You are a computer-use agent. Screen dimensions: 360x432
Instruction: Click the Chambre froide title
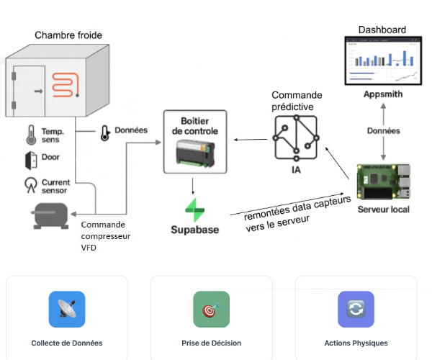(x=68, y=35)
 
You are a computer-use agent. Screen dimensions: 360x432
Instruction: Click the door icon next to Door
(x=31, y=158)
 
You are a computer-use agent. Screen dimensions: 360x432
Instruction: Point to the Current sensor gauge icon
(x=31, y=184)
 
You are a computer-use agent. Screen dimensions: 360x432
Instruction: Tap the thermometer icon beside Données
(x=105, y=132)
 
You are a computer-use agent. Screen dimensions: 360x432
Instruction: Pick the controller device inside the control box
(x=195, y=153)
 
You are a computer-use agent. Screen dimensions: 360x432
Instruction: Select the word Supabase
(x=194, y=230)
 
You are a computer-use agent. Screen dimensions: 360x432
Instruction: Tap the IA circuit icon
(x=296, y=138)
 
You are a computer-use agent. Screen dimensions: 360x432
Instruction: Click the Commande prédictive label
(x=297, y=101)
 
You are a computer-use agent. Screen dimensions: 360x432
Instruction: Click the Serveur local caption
(x=384, y=210)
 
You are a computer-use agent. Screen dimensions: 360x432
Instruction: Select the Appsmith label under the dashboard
(x=383, y=94)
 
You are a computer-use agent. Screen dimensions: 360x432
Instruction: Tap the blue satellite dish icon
(x=67, y=310)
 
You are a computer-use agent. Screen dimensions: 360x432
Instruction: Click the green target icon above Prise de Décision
(x=211, y=310)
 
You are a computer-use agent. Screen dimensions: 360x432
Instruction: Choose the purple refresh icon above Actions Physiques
(x=356, y=310)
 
